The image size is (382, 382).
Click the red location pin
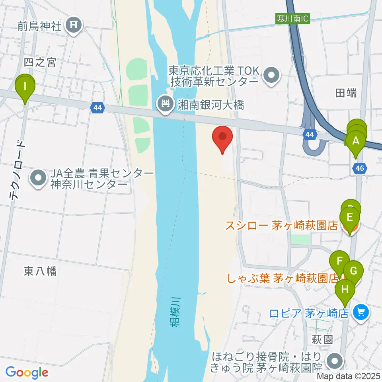(222, 138)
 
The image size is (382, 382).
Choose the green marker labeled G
(353, 272)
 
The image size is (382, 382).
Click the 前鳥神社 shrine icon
(74, 26)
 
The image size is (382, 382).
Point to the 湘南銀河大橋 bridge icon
(164, 105)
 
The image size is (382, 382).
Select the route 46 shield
(359, 169)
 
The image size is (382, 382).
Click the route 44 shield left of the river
(97, 107)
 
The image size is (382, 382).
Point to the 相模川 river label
(175, 312)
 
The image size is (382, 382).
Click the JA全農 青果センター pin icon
(38, 178)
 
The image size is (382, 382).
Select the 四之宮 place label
(40, 62)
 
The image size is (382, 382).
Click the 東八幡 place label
(40, 272)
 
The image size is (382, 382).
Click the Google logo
(27, 372)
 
